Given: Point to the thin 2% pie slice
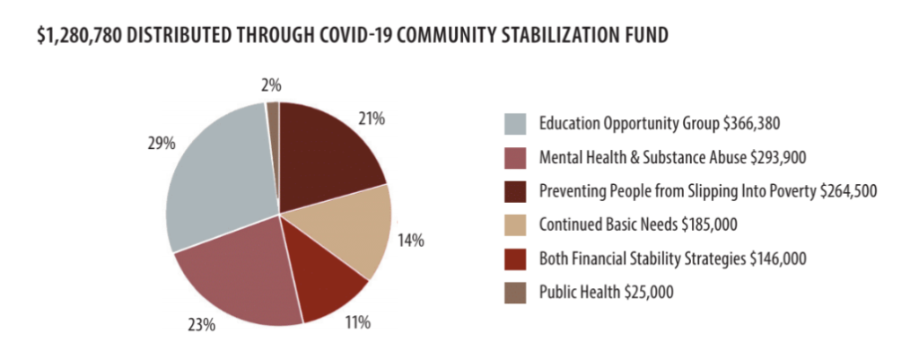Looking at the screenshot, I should coord(273,112).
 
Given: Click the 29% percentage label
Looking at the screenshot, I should coord(160,143).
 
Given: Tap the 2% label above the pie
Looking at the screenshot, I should coord(271,86).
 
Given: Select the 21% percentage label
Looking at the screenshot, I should coord(372,118).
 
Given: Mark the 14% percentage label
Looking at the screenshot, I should coord(411,240).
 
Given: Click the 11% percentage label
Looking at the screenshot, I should coord(357,321).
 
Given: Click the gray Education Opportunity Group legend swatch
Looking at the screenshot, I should coord(515,122).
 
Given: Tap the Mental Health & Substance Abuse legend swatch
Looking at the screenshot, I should coord(515,157).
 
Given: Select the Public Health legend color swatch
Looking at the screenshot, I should coord(515,292).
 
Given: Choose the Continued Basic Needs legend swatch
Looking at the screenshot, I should coord(515,224).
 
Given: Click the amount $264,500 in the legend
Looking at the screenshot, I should coord(843,191).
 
